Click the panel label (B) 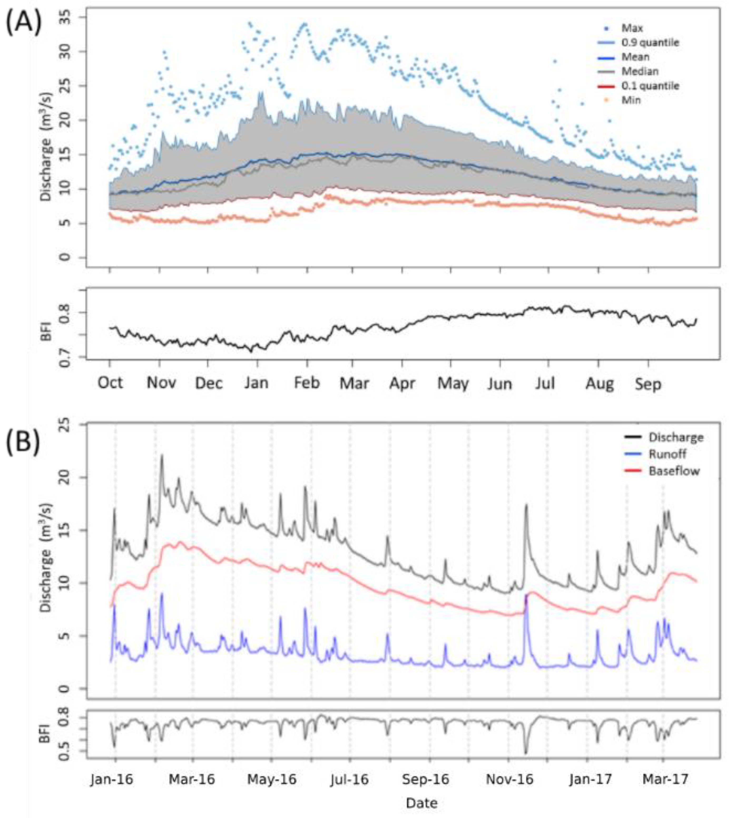click(x=23, y=442)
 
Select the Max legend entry click(x=632, y=28)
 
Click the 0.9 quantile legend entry click(x=650, y=42)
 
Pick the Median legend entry click(x=640, y=71)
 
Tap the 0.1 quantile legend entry click(x=650, y=86)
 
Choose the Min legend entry click(x=631, y=100)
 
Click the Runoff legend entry click(x=667, y=454)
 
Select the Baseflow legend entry click(x=674, y=471)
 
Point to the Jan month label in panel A click(x=256, y=382)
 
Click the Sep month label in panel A click(x=648, y=383)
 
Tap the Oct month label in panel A click(x=110, y=382)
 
